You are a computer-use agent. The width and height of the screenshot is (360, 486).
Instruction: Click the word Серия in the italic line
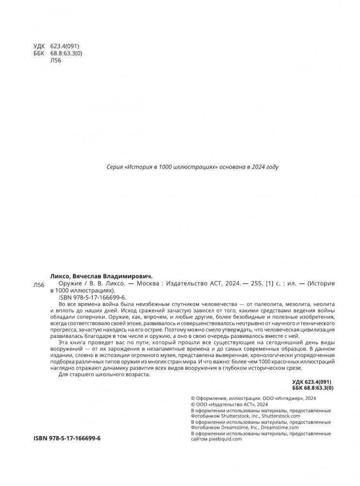click(114, 167)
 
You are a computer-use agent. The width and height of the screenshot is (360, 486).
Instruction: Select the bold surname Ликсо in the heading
click(61, 274)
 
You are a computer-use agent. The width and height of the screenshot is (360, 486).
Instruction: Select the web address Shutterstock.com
click(281, 416)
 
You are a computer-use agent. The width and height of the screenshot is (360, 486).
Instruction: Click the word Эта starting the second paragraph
click(64, 343)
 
